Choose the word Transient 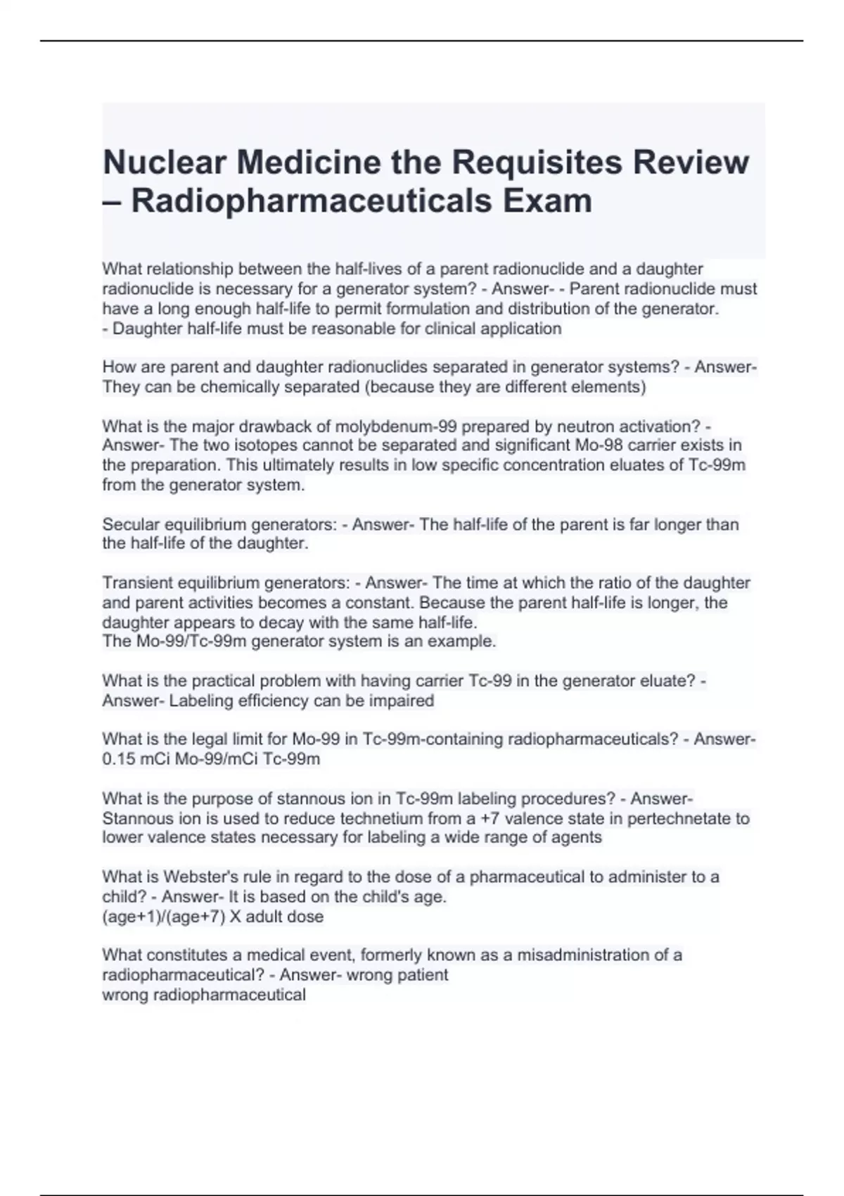click(137, 583)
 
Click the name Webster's click(194, 877)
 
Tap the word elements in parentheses click(608, 387)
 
